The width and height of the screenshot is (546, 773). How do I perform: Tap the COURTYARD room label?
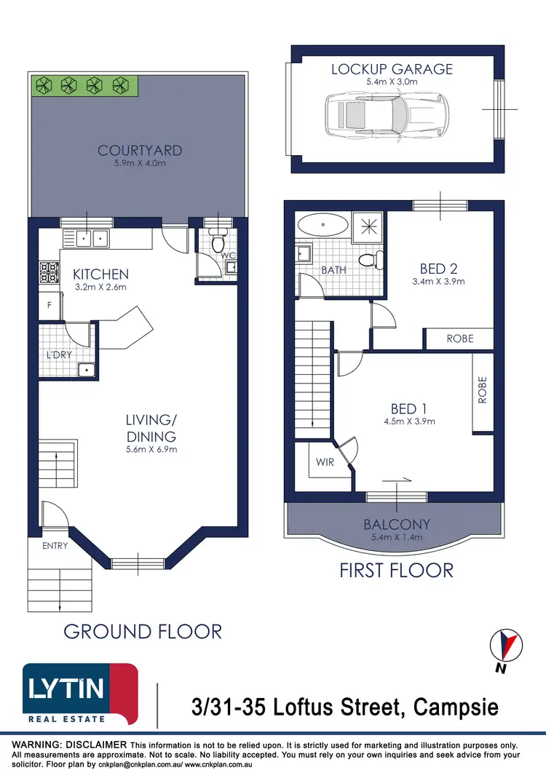(x=140, y=151)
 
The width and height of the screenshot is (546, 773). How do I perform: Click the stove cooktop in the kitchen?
(x=49, y=273)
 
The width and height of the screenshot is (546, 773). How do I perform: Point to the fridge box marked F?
(x=50, y=306)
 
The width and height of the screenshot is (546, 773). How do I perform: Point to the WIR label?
(x=325, y=461)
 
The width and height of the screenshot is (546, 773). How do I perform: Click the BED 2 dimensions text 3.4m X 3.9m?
(x=438, y=281)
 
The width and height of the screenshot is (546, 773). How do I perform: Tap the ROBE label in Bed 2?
(x=460, y=338)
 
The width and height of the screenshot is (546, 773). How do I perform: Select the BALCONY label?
(x=397, y=524)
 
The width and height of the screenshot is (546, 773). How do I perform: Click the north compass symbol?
(x=507, y=643)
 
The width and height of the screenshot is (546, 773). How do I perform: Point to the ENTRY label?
(x=55, y=545)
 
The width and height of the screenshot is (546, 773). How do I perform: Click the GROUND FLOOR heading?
(x=143, y=631)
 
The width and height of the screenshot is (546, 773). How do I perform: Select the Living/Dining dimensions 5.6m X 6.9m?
(x=151, y=449)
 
